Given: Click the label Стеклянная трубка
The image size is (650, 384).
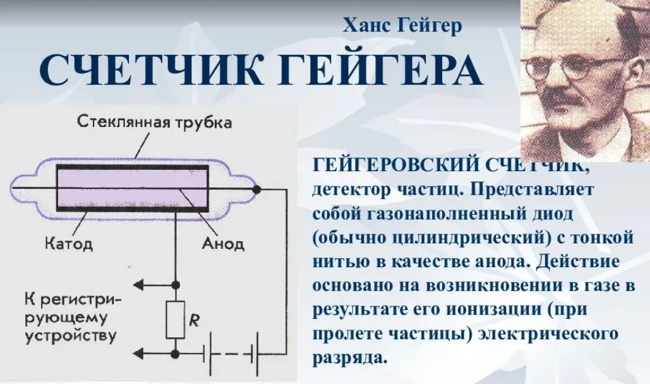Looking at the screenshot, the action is pyautogui.click(x=155, y=121).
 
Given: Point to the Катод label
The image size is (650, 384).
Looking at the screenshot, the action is pyautogui.click(x=69, y=244).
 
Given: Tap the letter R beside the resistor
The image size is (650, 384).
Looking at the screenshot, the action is pyautogui.click(x=194, y=321).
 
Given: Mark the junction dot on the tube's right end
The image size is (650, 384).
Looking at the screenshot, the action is pyautogui.click(x=256, y=189).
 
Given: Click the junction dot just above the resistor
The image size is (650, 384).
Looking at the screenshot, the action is pyautogui.click(x=175, y=285).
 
